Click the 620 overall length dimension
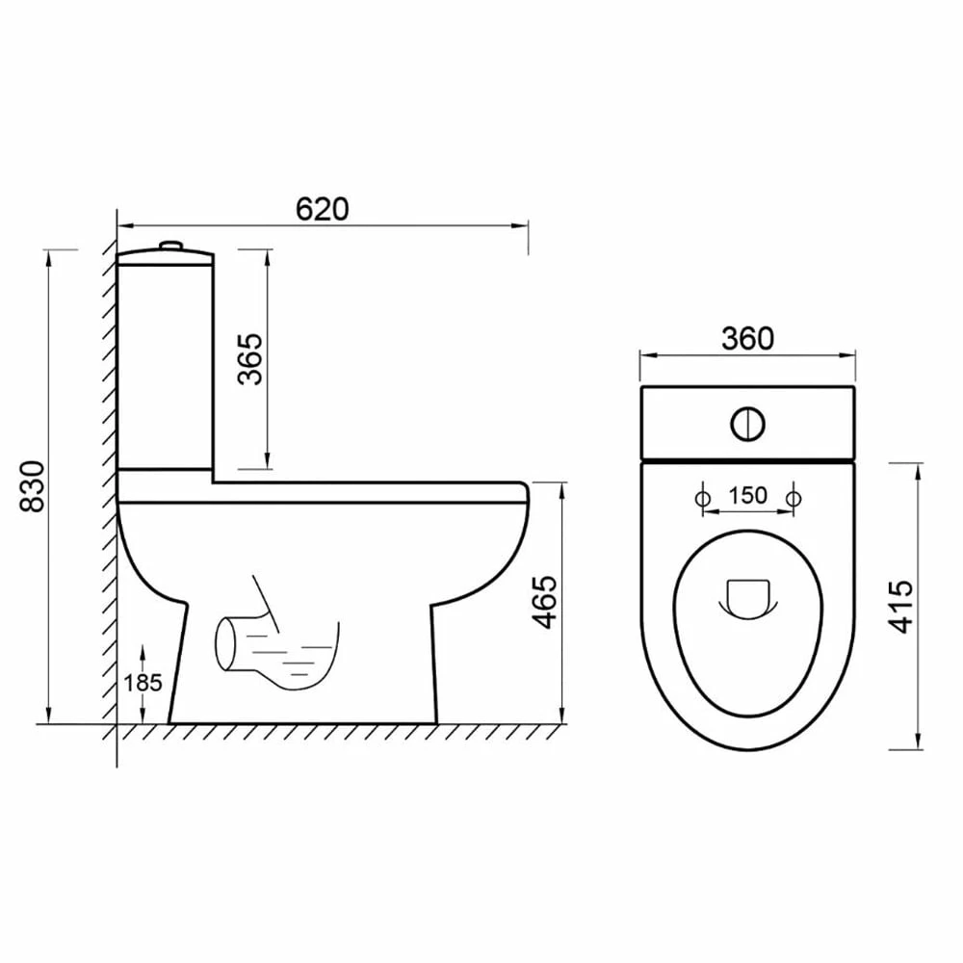click(x=321, y=209)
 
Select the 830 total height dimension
click(x=31, y=485)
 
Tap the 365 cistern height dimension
click(x=250, y=358)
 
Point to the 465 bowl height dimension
click(x=546, y=602)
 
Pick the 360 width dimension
click(x=747, y=338)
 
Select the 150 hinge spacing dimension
click(x=747, y=496)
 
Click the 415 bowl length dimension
click(x=900, y=606)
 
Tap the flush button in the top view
click(x=747, y=424)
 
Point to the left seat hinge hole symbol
click(x=702, y=498)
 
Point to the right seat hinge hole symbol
click(x=794, y=498)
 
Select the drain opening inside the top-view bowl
click(x=747, y=597)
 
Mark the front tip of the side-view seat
click(x=526, y=493)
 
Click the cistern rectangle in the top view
click(x=747, y=424)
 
